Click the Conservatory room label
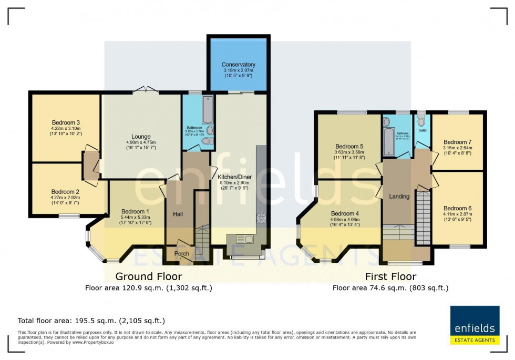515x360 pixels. pyautogui.click(x=238, y=65)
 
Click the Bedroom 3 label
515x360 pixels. pyautogui.click(x=65, y=122)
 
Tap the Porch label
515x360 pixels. pyautogui.click(x=182, y=254)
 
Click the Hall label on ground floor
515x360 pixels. pyautogui.click(x=178, y=214)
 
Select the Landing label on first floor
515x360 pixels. pyautogui.click(x=399, y=197)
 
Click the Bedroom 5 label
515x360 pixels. pyautogui.click(x=349, y=146)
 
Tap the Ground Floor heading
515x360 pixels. pyautogui.click(x=149, y=276)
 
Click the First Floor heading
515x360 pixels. pyautogui.click(x=390, y=276)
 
